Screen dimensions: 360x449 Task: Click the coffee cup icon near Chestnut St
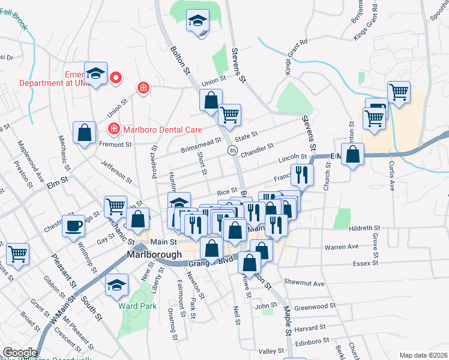click(74, 226)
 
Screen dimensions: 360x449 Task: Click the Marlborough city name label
click(153, 254)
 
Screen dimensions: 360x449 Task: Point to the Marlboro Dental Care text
click(161, 129)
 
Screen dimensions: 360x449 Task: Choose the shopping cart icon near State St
click(230, 114)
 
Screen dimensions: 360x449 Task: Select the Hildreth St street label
click(364, 228)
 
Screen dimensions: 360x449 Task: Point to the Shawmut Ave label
click(304, 283)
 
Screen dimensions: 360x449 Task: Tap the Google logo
click(20, 353)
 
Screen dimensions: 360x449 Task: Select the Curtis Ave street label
click(391, 175)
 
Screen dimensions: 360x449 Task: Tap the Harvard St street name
click(310, 328)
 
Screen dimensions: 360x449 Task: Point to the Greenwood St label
click(314, 306)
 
